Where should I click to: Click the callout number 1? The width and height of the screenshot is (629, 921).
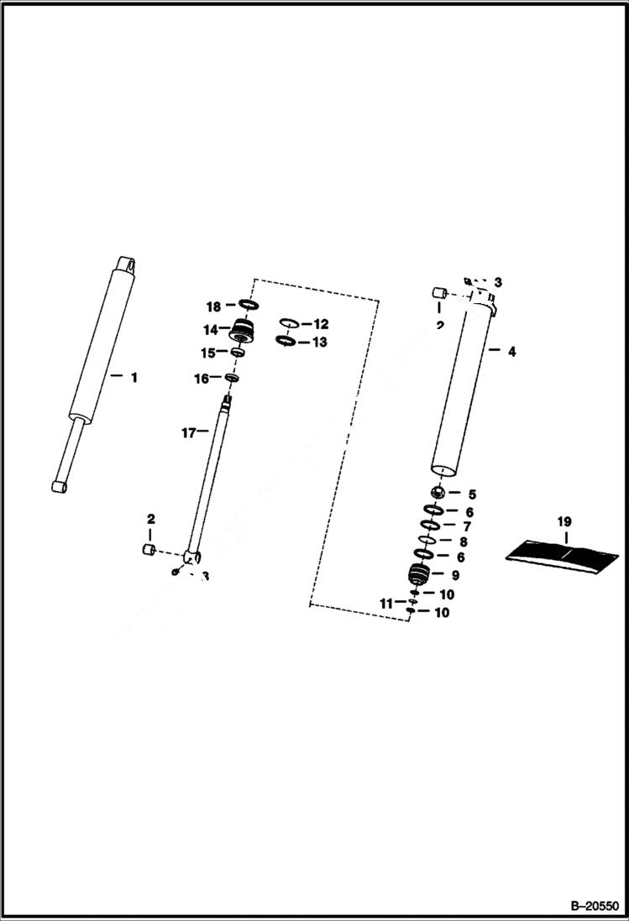[133, 378]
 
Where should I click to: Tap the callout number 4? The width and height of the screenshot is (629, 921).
[511, 352]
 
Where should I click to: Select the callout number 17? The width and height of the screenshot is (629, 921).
[188, 432]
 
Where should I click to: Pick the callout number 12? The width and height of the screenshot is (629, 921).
[321, 324]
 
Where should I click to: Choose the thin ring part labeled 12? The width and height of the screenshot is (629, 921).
[287, 323]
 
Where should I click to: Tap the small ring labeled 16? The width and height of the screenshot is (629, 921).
[232, 379]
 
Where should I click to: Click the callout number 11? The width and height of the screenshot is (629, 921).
[385, 604]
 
